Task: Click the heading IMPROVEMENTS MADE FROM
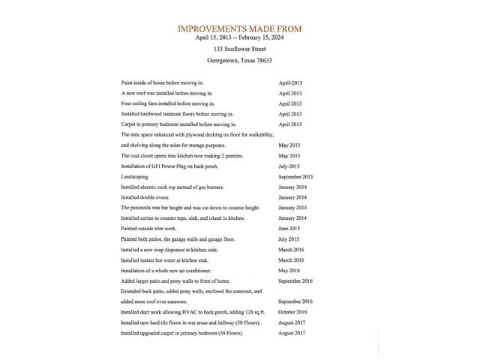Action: pyautogui.click(x=240, y=29)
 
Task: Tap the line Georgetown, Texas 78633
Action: pyautogui.click(x=240, y=61)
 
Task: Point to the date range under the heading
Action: pyautogui.click(x=240, y=37)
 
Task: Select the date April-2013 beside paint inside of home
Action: pyautogui.click(x=289, y=82)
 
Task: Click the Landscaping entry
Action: pyautogui.click(x=135, y=176)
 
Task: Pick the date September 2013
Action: pyautogui.click(x=295, y=176)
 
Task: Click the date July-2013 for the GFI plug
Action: pyautogui.click(x=289, y=166)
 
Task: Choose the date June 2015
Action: pyautogui.click(x=289, y=228)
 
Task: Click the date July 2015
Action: pyautogui.click(x=289, y=238)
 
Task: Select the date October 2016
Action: pyautogui.click(x=292, y=311)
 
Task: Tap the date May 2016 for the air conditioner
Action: pyautogui.click(x=289, y=270)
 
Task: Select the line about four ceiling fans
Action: pyautogui.click(x=167, y=103)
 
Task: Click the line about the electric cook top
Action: pyautogui.click(x=172, y=187)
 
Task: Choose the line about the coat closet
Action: pyautogui.click(x=180, y=155)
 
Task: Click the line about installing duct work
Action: pyautogui.click(x=193, y=311)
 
